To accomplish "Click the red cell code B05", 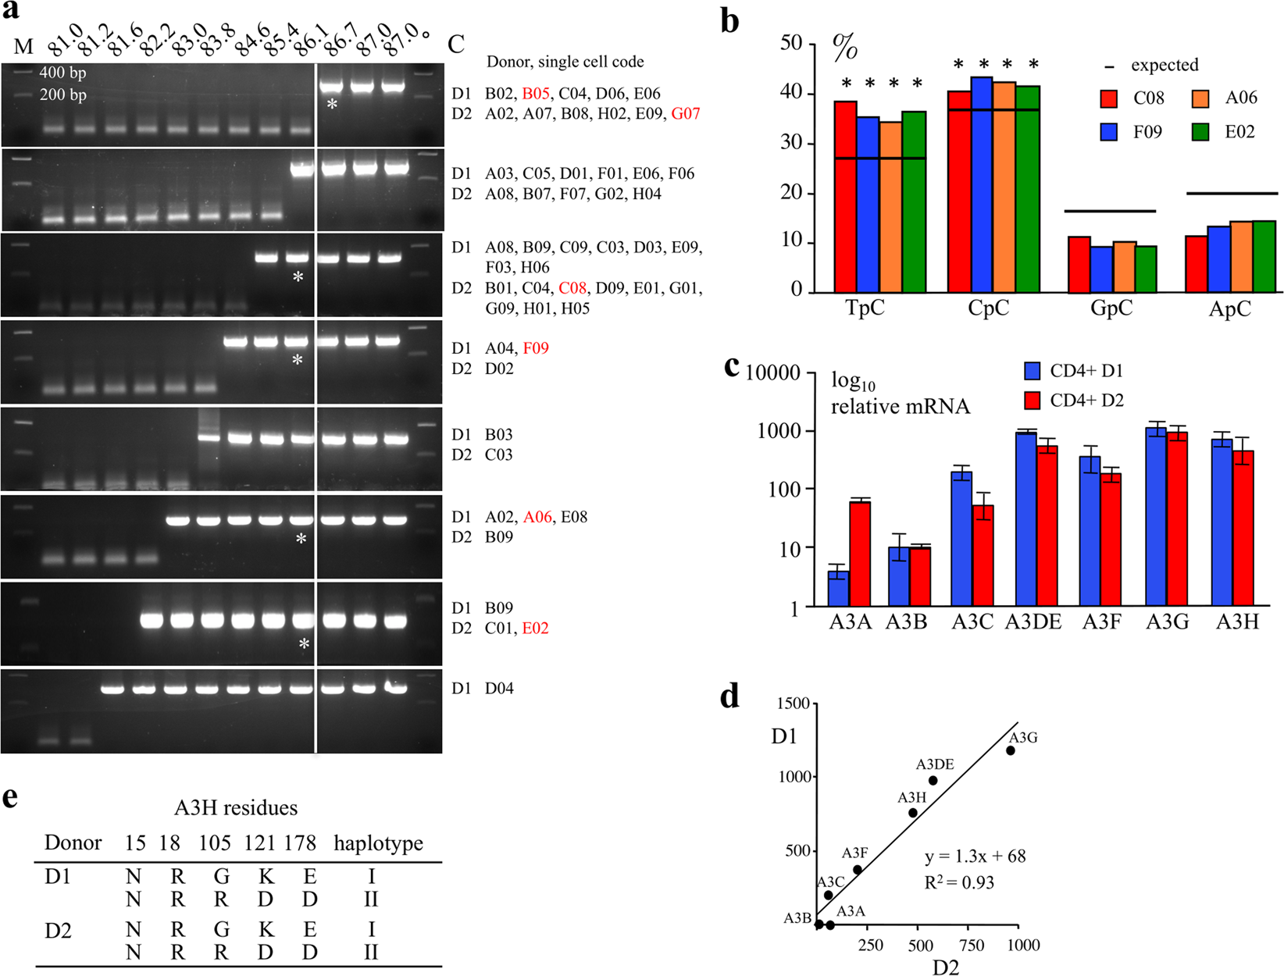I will pyautogui.click(x=535, y=94).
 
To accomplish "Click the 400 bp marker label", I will pyautogui.click(x=62, y=73).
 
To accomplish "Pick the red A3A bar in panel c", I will pyautogui.click(x=860, y=553).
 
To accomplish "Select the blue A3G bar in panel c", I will pyautogui.click(x=1155, y=516).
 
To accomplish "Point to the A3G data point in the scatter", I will pyautogui.click(x=1011, y=750).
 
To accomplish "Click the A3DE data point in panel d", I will pyautogui.click(x=933, y=780).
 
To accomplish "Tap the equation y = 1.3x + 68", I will pyautogui.click(x=975, y=857).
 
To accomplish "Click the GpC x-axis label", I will pyautogui.click(x=1111, y=308).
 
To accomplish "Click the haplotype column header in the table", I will pyautogui.click(x=378, y=843).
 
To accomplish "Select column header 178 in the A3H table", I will pyautogui.click(x=300, y=843).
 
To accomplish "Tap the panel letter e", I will pyautogui.click(x=10, y=798).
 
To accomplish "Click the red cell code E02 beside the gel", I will pyautogui.click(x=535, y=629).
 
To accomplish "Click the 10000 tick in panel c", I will pyautogui.click(x=772, y=373).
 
